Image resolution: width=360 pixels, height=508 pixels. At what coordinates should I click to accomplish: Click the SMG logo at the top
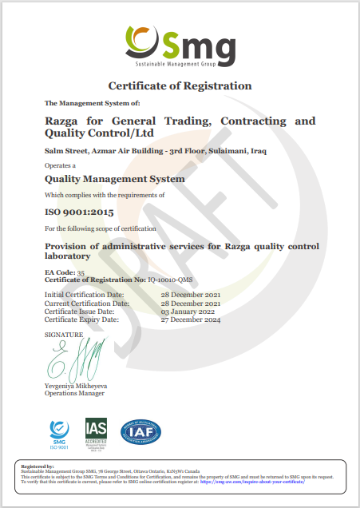(x=180, y=45)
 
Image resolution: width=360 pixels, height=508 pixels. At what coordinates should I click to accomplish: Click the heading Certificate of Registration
(x=180, y=85)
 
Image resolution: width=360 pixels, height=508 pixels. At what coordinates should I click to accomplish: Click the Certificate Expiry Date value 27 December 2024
(x=192, y=319)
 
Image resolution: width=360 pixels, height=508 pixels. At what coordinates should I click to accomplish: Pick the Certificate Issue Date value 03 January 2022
(x=188, y=311)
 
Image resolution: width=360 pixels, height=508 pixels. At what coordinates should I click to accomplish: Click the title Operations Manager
(x=75, y=394)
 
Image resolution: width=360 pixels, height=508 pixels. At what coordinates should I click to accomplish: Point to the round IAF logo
(x=140, y=431)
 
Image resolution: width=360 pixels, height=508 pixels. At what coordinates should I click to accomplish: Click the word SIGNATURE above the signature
(x=64, y=334)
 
